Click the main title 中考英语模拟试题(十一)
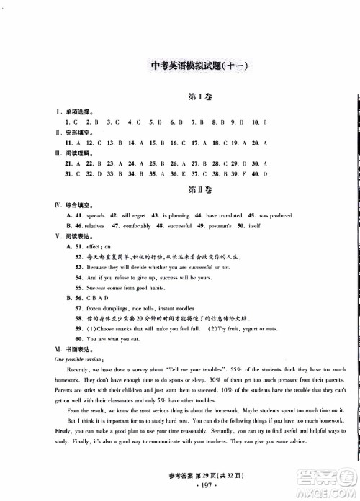(189, 67)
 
